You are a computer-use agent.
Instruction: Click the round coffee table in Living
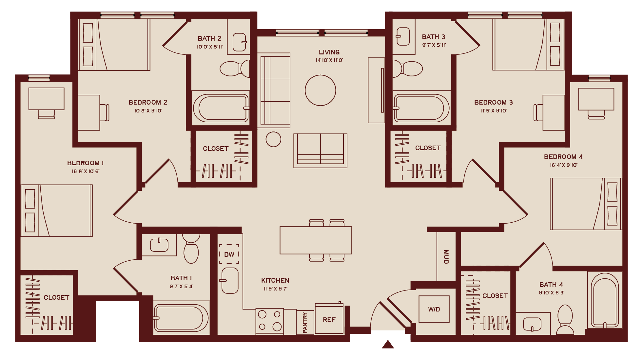[x=320, y=90]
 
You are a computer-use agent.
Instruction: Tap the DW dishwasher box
[x=229, y=254]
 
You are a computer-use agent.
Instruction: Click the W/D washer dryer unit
[x=434, y=309]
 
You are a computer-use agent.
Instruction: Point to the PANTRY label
[x=305, y=323]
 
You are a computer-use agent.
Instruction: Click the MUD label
[x=446, y=257]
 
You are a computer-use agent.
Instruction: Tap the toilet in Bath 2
[x=234, y=69]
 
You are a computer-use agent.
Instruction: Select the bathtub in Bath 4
[x=605, y=300]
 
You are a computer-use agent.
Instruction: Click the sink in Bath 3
[x=403, y=36]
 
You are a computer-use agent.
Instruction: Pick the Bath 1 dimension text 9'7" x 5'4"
[x=181, y=287]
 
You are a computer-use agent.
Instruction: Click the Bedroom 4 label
[x=563, y=157]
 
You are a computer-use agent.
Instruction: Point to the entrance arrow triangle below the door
[x=388, y=344]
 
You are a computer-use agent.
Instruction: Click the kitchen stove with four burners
[x=269, y=321]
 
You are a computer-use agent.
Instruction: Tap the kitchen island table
[x=316, y=240]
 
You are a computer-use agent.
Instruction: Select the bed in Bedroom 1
[x=57, y=210]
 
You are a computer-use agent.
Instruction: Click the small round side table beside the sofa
[x=273, y=139]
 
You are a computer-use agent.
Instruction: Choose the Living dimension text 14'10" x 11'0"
[x=329, y=60]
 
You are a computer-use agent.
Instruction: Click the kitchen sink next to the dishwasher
[x=230, y=281]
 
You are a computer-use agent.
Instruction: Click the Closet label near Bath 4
[x=495, y=296]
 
